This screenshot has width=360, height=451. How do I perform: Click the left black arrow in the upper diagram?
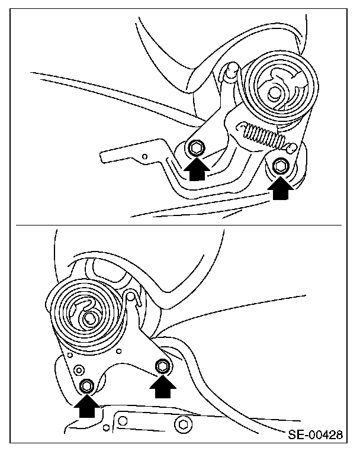tap(197, 170)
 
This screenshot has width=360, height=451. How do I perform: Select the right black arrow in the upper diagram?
tap(281, 188)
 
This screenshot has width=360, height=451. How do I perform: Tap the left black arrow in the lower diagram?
tap(87, 406)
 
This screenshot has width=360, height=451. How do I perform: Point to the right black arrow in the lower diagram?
tap(163, 387)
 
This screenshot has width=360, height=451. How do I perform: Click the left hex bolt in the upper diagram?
tap(196, 149)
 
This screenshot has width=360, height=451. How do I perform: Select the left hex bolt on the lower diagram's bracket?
tap(86, 385)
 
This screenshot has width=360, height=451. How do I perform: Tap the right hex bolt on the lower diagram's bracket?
tap(163, 366)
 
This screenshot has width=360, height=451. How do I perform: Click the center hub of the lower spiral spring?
tap(89, 318)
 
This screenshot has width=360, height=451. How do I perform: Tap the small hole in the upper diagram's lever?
tap(145, 156)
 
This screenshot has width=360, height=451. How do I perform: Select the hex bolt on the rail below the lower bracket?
tap(182, 424)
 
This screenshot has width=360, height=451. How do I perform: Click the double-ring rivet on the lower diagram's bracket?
tap(78, 369)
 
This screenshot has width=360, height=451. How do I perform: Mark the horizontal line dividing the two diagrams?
tap(178, 225)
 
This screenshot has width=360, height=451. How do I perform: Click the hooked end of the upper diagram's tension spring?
tap(292, 148)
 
